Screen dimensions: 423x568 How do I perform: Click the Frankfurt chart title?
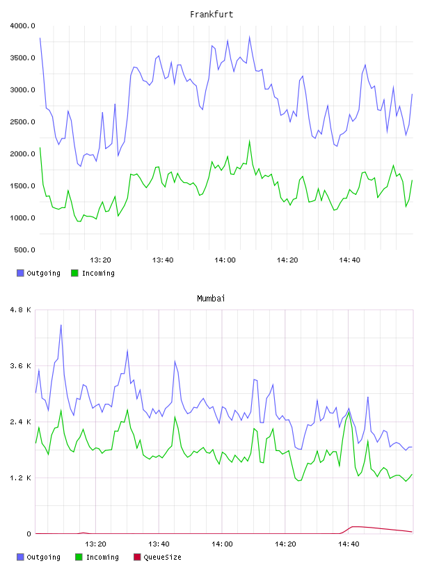tap(211, 15)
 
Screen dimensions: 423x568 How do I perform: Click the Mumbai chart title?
tap(211, 299)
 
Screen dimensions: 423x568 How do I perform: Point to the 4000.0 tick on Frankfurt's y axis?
tap(22, 26)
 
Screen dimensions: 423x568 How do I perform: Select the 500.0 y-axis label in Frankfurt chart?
tap(24, 250)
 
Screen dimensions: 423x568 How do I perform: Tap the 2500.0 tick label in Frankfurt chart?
tap(22, 122)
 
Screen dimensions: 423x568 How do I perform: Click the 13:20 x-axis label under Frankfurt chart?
tap(100, 260)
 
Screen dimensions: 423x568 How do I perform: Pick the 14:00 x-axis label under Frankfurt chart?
tap(225, 260)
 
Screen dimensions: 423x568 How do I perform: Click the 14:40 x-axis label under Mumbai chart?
tap(349, 544)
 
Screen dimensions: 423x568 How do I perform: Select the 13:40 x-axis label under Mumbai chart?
tap(159, 544)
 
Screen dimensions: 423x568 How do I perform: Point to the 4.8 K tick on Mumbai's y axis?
tap(21, 310)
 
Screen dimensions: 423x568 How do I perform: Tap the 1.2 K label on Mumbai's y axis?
tap(21, 478)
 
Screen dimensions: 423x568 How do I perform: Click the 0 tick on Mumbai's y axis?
tap(29, 534)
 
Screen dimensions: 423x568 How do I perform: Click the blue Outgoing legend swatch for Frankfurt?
tap(20, 273)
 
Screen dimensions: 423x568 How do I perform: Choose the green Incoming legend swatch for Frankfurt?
tap(74, 273)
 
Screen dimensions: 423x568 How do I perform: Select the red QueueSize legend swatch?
tap(137, 557)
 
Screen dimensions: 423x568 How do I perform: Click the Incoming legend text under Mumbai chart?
tap(102, 557)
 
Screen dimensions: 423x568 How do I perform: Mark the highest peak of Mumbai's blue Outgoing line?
tap(61, 325)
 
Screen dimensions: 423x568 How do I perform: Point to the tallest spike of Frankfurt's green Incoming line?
tap(250, 141)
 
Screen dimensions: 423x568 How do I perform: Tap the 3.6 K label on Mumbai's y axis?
tap(21, 366)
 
